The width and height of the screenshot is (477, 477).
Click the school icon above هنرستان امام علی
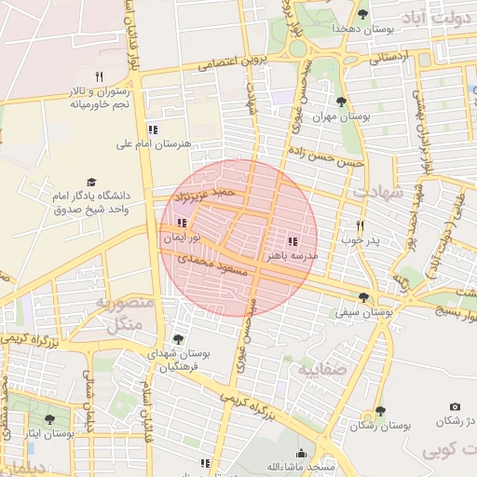(153, 129)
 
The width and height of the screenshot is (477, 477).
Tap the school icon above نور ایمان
(182, 223)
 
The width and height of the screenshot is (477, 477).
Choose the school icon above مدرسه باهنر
(293, 240)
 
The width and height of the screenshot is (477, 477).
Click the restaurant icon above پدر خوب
(361, 225)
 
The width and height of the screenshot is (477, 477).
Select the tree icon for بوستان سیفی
(362, 297)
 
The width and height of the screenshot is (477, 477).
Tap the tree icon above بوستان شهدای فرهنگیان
(178, 339)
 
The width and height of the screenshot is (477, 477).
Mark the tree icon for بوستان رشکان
(379, 411)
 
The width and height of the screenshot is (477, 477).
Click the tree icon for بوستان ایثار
(49, 419)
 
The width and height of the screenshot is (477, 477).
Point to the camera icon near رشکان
(455, 406)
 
